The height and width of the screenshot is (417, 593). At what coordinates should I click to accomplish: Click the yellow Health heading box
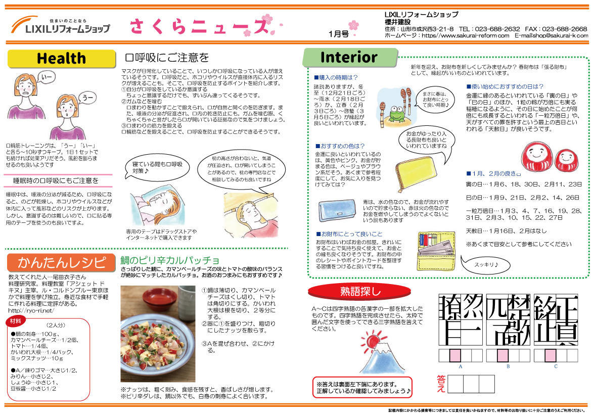coord(61,59)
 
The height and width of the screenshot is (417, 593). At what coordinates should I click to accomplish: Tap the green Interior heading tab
coord(348,57)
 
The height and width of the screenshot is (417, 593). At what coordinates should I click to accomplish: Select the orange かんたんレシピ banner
coord(61,262)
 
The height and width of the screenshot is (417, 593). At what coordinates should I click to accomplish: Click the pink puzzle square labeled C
coord(550,355)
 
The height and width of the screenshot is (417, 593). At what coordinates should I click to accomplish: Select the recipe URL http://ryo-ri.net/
coord(31,310)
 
